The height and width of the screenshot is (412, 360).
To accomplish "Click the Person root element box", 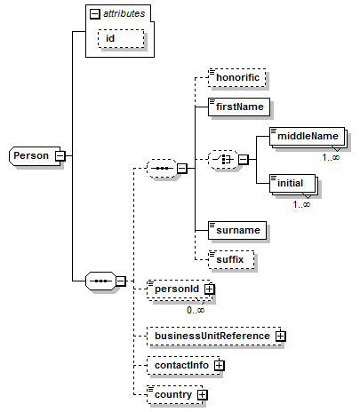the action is pyautogui.click(x=35, y=155).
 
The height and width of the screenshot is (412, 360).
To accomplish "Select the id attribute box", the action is pyautogui.click(x=121, y=38).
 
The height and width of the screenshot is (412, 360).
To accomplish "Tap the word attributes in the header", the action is pyautogui.click(x=124, y=13).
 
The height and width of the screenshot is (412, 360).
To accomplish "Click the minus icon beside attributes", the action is pyautogui.click(x=95, y=14).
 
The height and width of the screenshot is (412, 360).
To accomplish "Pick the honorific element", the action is pyautogui.click(x=237, y=77).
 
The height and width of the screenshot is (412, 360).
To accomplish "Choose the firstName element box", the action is pyautogui.click(x=239, y=107).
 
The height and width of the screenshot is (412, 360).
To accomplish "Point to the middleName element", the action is pyautogui.click(x=308, y=136).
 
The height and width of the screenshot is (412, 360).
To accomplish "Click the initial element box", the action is pyautogui.click(x=292, y=183).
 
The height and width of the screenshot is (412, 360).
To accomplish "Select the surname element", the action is pyautogui.click(x=237, y=230).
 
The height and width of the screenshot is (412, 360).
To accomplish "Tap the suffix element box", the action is pyautogui.click(x=231, y=259).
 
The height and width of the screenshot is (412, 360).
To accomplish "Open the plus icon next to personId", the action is pyautogui.click(x=210, y=289).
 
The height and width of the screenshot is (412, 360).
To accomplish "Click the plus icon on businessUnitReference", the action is pyautogui.click(x=280, y=336).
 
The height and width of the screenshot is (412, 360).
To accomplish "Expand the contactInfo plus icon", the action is pyautogui.click(x=219, y=366).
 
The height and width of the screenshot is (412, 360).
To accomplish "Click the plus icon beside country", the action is pyautogui.click(x=202, y=394).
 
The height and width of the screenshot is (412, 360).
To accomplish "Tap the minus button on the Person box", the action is pyautogui.click(x=60, y=155).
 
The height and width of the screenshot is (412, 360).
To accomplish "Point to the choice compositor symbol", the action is pyautogui.click(x=223, y=160).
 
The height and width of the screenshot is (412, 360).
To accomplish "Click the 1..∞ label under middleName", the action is pyautogui.click(x=331, y=157).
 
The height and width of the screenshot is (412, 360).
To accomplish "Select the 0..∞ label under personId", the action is pyautogui.click(x=196, y=310).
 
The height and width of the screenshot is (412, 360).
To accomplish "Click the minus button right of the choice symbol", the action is pyautogui.click(x=243, y=160).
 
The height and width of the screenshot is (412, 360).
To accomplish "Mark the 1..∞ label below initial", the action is pyautogui.click(x=301, y=204).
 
